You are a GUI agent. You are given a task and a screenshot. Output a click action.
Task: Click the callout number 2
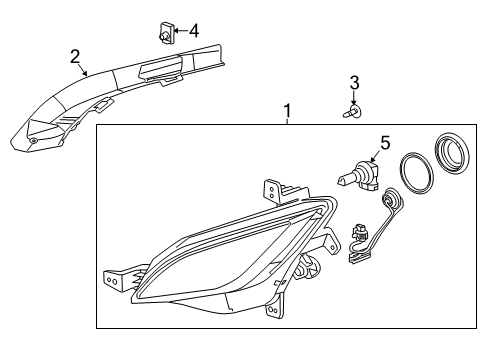pyautogui.click(x=75, y=56)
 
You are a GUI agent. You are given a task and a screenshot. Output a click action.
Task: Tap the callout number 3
pyautogui.click(x=354, y=82)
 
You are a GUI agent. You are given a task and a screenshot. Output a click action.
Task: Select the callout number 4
pyautogui.click(x=194, y=31)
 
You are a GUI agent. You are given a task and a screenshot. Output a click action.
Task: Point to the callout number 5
pyautogui.click(x=385, y=143)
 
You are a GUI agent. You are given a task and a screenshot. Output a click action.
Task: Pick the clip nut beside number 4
pyautogui.click(x=166, y=33)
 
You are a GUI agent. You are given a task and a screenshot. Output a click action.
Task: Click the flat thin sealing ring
pyautogui.click(x=416, y=173)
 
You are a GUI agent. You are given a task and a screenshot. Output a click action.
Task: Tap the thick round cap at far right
pyautogui.click(x=453, y=153)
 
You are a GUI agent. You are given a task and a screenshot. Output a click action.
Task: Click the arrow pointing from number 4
pyautogui.click(x=181, y=31)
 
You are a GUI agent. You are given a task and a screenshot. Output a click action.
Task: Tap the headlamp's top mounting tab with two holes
pyautogui.click(x=272, y=192)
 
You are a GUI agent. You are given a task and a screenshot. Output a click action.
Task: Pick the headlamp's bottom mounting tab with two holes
pyautogui.click(x=274, y=310)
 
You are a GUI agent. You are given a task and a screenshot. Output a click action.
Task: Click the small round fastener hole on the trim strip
pyautogui.click(x=33, y=141)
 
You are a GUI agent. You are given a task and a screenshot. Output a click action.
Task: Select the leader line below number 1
pyautogui.click(x=287, y=121)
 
